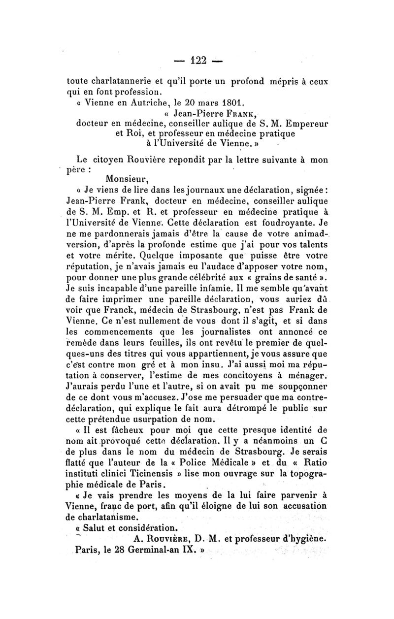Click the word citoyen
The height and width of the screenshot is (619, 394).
116,159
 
